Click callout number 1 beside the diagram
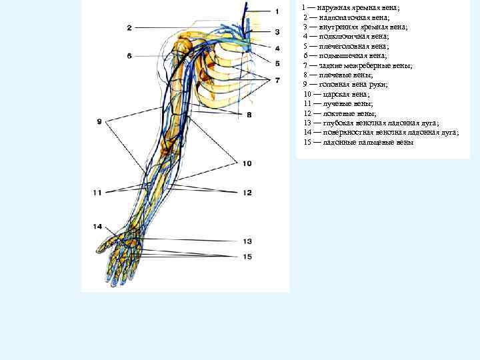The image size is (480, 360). [277, 11]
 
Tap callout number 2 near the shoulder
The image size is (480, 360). [129, 27]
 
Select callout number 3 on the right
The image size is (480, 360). [277, 31]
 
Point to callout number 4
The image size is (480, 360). [277, 48]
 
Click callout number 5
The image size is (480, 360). [277, 63]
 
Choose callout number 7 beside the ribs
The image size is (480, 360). [277, 80]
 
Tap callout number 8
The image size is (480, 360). [248, 115]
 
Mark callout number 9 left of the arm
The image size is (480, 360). [99, 121]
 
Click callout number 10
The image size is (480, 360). [247, 163]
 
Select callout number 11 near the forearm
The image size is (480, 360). [97, 193]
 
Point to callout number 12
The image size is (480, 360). [247, 193]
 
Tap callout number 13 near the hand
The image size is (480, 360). [247, 241]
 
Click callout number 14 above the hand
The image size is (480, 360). [97, 227]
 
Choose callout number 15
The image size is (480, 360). [247, 257]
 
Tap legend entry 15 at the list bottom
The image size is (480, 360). [358, 142]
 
